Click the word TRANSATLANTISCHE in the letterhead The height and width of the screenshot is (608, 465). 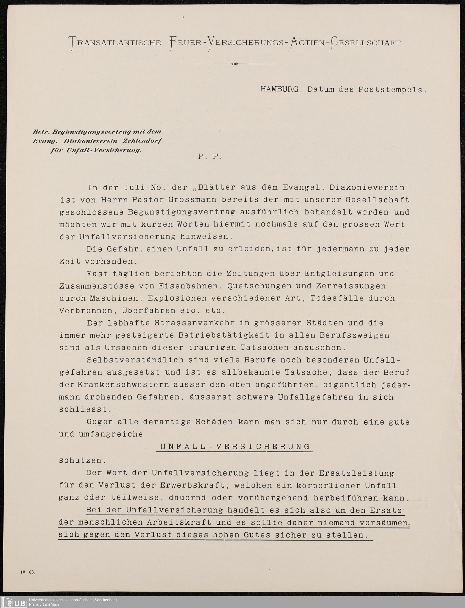(x=115, y=43)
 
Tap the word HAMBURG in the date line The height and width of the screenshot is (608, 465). (x=279, y=90)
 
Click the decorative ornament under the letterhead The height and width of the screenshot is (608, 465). (x=234, y=64)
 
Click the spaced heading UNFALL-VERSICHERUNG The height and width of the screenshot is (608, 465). (x=235, y=447)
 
